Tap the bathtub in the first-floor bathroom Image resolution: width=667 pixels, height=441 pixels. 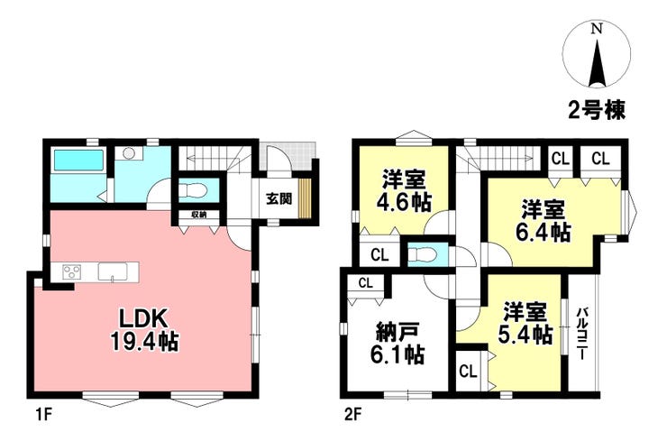[x=78, y=160]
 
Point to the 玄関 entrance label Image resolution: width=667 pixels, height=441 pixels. [x=279, y=198]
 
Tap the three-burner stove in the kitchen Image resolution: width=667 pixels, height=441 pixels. [x=72, y=271]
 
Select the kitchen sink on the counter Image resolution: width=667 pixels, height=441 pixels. [x=114, y=271]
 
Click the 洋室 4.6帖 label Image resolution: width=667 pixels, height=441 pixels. [x=403, y=190]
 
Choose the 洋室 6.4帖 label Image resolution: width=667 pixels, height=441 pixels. [x=544, y=220]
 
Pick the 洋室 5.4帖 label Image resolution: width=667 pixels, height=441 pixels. [x=525, y=323]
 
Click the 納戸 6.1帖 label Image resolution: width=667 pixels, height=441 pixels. [x=397, y=343]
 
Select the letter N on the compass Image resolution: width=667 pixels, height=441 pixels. [x=598, y=29]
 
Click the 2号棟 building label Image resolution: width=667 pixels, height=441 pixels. [x=597, y=110]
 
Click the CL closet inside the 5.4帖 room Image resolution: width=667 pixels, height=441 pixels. [x=468, y=372]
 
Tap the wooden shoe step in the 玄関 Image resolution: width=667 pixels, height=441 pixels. [x=305, y=198]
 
